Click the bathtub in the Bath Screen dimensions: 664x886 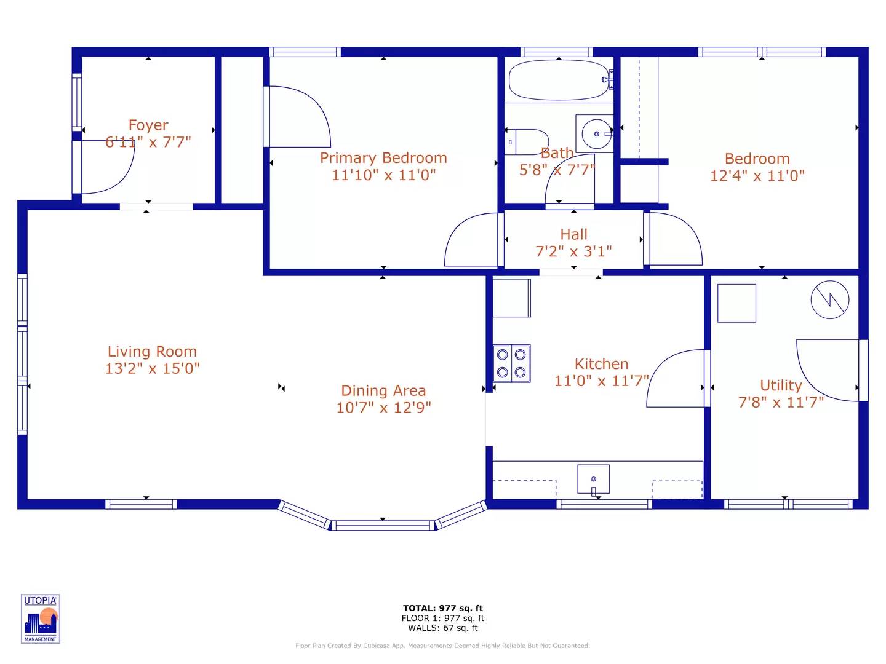(x=558, y=80)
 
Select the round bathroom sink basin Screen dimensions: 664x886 (x=596, y=133)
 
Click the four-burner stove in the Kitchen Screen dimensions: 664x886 (x=511, y=363)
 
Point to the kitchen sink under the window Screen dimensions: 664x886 (x=594, y=479)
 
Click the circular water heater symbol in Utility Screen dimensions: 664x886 (x=829, y=300)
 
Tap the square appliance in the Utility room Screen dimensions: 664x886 (x=736, y=303)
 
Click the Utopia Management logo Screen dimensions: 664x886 (x=41, y=619)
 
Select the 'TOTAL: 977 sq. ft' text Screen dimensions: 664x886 (x=443, y=608)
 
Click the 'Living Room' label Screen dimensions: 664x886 (x=152, y=352)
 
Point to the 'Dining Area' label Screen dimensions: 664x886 (x=383, y=390)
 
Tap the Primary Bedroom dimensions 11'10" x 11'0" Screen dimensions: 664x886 (x=383, y=175)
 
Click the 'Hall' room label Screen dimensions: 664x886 (x=573, y=234)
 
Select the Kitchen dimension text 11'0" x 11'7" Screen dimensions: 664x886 (x=601, y=381)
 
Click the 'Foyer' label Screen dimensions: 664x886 (x=148, y=125)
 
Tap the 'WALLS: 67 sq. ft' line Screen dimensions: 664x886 (x=443, y=628)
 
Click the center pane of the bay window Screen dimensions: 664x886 (x=383, y=525)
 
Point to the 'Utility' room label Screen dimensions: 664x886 (x=781, y=385)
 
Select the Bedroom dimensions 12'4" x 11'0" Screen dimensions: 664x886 (x=757, y=176)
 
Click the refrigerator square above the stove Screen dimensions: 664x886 (x=511, y=298)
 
